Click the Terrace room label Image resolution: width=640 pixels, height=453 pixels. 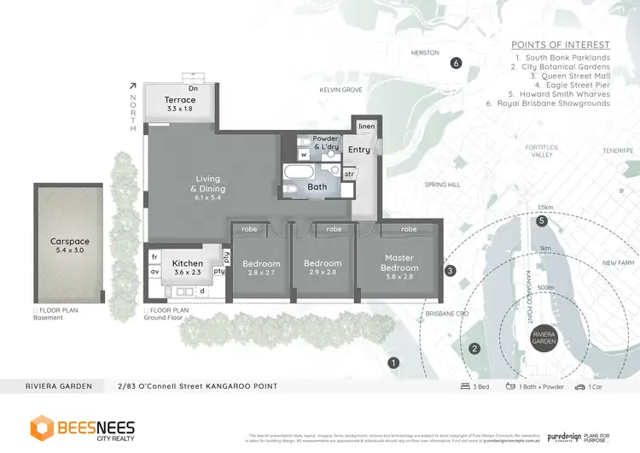(180, 100)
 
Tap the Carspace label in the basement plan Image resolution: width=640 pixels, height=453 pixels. (69, 242)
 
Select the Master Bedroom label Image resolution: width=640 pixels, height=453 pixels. (400, 263)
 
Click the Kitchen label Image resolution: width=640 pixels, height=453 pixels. (188, 263)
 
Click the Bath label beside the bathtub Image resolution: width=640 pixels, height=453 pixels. (317, 186)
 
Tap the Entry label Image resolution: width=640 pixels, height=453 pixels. (359, 150)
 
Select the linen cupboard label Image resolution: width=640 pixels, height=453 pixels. (366, 126)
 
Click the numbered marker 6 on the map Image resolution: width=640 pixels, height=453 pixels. (456, 62)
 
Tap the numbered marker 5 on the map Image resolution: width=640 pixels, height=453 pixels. (541, 221)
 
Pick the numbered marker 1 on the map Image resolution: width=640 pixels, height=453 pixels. (393, 362)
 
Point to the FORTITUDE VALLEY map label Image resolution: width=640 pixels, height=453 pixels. (543, 150)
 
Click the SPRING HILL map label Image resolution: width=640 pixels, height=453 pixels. (442, 184)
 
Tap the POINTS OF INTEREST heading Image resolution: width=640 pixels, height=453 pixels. (560, 44)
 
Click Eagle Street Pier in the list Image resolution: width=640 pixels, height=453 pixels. (573, 85)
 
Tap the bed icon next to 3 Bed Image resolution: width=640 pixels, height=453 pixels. (464, 386)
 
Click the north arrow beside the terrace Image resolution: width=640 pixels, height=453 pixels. (133, 85)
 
